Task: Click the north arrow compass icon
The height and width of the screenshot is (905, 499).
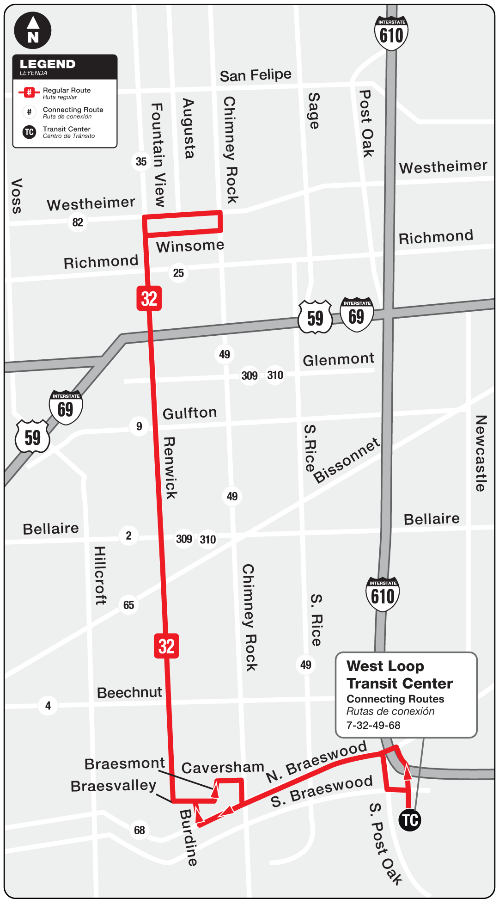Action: pyautogui.click(x=32, y=31)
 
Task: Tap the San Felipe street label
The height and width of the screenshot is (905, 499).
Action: pyautogui.click(x=256, y=75)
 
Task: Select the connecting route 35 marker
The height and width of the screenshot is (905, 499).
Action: pyautogui.click(x=141, y=161)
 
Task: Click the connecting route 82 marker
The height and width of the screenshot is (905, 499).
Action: pyautogui.click(x=78, y=222)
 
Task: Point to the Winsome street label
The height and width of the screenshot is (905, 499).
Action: pyautogui.click(x=190, y=246)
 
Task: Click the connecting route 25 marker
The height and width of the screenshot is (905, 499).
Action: pyautogui.click(x=178, y=273)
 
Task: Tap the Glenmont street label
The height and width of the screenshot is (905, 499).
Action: pyautogui.click(x=338, y=359)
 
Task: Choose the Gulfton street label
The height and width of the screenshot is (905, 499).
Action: pyautogui.click(x=189, y=413)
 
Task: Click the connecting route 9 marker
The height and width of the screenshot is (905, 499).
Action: pyautogui.click(x=139, y=426)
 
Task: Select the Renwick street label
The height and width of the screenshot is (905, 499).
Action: pyautogui.click(x=170, y=468)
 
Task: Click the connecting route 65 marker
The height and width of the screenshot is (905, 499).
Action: pyautogui.click(x=128, y=605)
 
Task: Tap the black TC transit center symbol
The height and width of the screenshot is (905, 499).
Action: pyautogui.click(x=409, y=820)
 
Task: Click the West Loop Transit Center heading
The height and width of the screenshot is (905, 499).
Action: pyautogui.click(x=399, y=675)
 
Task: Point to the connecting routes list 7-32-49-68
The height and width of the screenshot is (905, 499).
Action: pyautogui.click(x=373, y=725)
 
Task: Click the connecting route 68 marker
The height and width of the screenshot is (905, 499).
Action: pyautogui.click(x=140, y=830)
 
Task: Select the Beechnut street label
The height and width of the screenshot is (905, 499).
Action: pyautogui.click(x=129, y=692)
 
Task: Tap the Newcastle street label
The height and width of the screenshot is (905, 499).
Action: pyautogui.click(x=481, y=453)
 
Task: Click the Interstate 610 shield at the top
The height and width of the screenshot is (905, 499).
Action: pyautogui.click(x=391, y=33)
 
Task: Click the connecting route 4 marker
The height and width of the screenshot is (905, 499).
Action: pyautogui.click(x=48, y=706)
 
